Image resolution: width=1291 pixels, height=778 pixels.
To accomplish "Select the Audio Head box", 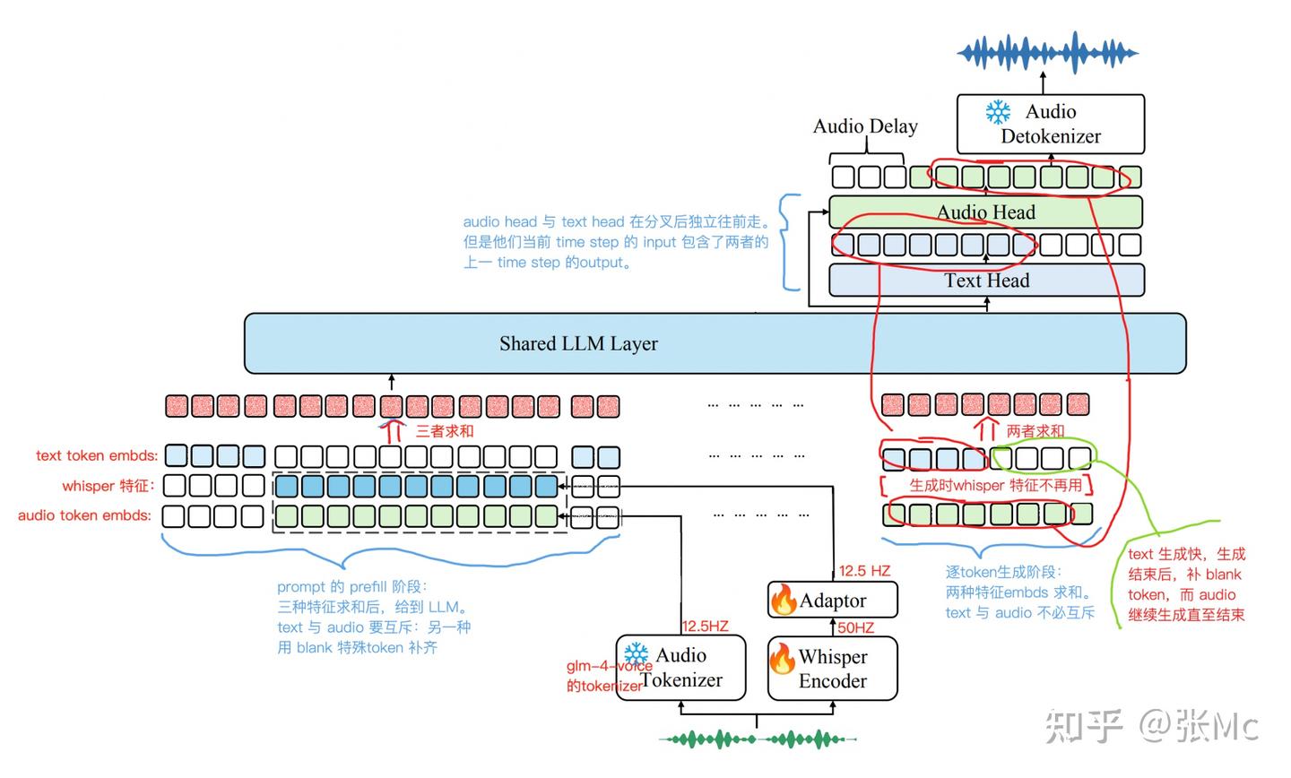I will (x=985, y=212).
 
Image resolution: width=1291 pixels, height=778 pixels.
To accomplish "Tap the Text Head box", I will (x=986, y=281).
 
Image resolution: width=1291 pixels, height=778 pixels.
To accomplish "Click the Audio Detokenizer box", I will (x=1050, y=125).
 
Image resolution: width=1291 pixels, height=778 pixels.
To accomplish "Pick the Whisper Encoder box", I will (x=832, y=669).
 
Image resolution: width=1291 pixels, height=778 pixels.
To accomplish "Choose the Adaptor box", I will (x=832, y=601).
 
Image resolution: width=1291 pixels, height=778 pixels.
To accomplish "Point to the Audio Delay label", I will (x=865, y=126).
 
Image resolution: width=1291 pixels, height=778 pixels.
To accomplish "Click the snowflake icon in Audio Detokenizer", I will (x=998, y=112).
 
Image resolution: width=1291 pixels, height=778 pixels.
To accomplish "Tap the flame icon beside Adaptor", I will (x=784, y=600).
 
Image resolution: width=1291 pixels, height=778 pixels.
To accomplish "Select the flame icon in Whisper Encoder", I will (x=782, y=660).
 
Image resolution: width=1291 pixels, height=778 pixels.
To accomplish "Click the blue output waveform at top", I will (x=1047, y=53).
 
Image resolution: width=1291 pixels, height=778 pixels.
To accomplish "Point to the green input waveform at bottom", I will (x=757, y=739).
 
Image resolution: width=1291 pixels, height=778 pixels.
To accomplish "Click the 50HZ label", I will (x=855, y=627).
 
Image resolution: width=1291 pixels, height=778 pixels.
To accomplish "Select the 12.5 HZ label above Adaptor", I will (x=864, y=571).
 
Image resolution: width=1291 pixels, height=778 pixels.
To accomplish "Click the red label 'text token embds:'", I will (x=97, y=455).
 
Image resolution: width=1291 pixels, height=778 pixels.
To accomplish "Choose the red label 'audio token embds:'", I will (x=84, y=515).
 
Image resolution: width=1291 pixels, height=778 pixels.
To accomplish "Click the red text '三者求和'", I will (x=445, y=431).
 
